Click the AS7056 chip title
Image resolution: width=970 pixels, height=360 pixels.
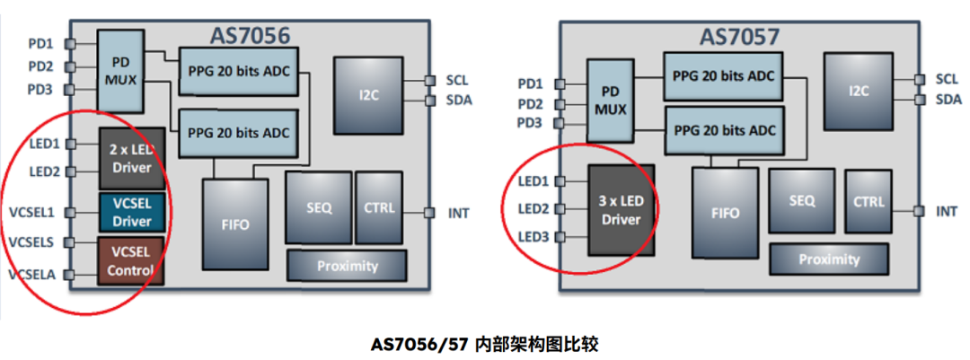coord(250,36)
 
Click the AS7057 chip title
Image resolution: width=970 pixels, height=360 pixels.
coord(739,37)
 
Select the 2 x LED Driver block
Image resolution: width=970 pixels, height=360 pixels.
coord(131,158)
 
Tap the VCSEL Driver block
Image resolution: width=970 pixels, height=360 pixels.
coord(131,212)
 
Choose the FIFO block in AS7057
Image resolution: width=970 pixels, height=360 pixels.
coord(725,213)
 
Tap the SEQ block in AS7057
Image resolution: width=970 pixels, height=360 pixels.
coord(802,201)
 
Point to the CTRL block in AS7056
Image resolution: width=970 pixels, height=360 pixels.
coord(379,207)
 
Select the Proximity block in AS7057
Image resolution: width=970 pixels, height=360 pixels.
coord(829,259)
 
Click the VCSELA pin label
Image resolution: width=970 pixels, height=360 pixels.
coord(31,274)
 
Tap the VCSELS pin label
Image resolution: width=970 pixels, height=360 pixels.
coord(31,242)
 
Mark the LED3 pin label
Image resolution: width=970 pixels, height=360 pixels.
coord(533,237)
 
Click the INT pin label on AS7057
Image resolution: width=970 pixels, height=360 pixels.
coord(946,211)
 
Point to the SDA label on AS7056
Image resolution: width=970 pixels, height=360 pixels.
coord(459,100)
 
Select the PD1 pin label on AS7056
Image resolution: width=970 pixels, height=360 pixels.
coord(40,43)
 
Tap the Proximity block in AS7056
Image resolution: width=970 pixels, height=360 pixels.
coord(347,266)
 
